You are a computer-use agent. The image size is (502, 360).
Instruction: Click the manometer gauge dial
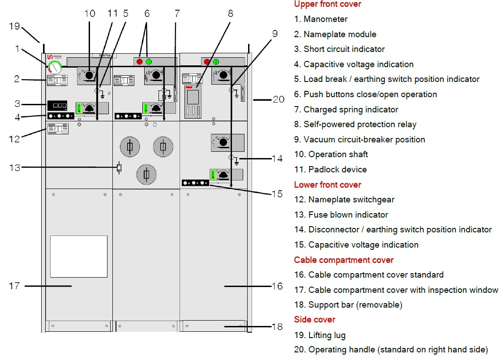pyautogui.click(x=55, y=68)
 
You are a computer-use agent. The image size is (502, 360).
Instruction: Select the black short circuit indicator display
pyautogui.click(x=57, y=106)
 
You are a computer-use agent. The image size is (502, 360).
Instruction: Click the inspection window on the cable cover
pyautogui.click(x=78, y=256)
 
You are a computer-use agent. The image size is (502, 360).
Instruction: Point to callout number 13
pyautogui.click(x=14, y=167)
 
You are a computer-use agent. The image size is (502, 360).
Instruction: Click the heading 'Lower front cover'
pyautogui.click(x=327, y=184)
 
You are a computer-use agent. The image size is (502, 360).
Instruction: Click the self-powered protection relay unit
pyautogui.click(x=193, y=102)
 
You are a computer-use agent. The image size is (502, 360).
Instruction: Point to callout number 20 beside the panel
pyautogui.click(x=278, y=99)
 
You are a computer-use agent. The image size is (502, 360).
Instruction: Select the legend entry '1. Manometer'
pyautogui.click(x=321, y=19)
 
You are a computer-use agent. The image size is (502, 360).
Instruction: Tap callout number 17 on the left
pyautogui.click(x=14, y=285)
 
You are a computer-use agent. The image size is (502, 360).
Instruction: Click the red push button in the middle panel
pyautogui.click(x=139, y=62)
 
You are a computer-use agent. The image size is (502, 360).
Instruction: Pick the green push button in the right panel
pyautogui.click(x=216, y=62)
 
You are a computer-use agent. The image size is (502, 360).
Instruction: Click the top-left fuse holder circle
pyautogui.click(x=130, y=147)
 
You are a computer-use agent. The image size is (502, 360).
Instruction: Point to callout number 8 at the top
pyautogui.click(x=230, y=13)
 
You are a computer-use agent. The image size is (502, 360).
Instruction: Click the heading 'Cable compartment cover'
pyautogui.click(x=343, y=260)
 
